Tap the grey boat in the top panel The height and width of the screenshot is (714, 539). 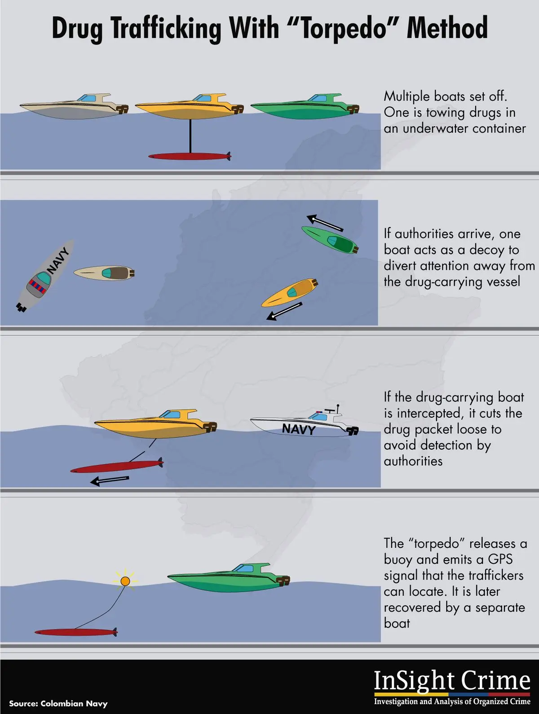74,107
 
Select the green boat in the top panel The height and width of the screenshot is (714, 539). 305,107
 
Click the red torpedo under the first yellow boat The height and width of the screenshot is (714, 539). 190,156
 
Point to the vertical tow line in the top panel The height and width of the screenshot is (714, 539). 190,136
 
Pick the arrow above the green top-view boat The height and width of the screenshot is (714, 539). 325,223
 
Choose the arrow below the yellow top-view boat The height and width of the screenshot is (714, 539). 284,311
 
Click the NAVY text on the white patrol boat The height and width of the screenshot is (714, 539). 299,429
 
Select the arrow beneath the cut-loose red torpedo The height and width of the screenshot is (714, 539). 109,480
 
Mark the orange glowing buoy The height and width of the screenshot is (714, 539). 125,581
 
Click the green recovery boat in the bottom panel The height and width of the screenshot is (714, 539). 229,577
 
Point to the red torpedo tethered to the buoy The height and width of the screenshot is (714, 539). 76,632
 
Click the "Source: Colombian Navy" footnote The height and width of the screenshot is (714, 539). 58,704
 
